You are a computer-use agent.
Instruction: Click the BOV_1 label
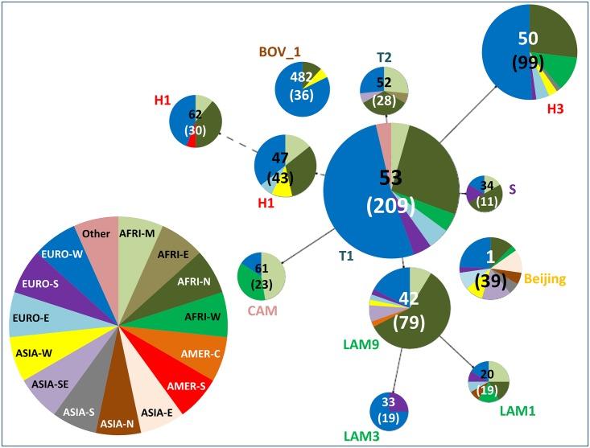pos(278,52)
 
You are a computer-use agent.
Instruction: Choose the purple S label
pos(512,188)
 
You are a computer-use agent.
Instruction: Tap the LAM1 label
pos(517,410)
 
